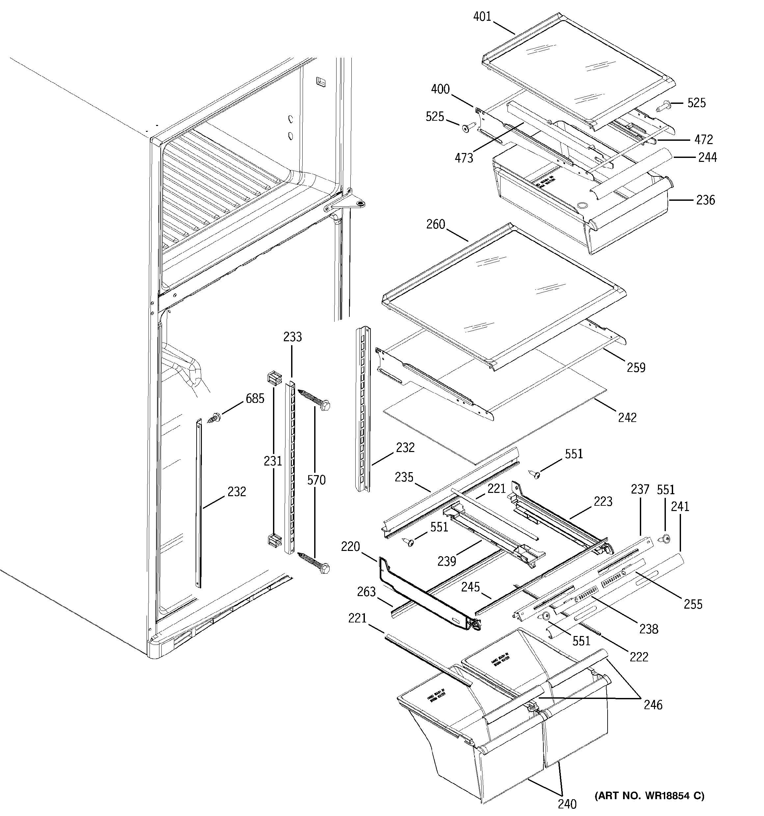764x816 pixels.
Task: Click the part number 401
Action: [482, 16]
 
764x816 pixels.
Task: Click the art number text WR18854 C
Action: [650, 796]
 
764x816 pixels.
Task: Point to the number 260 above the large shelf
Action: [436, 224]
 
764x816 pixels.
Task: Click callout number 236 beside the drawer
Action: [705, 200]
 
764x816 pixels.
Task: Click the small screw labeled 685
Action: [214, 419]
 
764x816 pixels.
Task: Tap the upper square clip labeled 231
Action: [274, 378]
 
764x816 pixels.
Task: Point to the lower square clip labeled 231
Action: [274, 541]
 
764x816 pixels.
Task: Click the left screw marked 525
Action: [468, 128]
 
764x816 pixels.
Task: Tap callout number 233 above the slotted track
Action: [292, 337]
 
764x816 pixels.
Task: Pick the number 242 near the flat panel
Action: [627, 418]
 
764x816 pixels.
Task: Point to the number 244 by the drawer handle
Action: [707, 157]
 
